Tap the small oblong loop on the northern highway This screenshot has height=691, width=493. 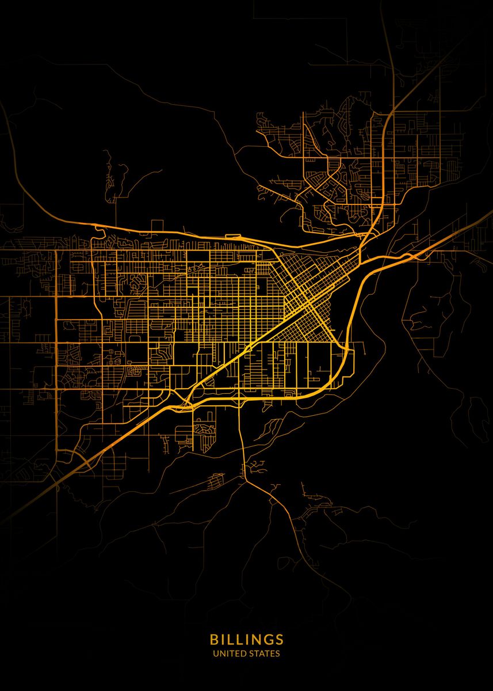[233, 236]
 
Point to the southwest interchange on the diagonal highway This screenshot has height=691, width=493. [86, 461]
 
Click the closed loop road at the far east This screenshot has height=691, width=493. [477, 412]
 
